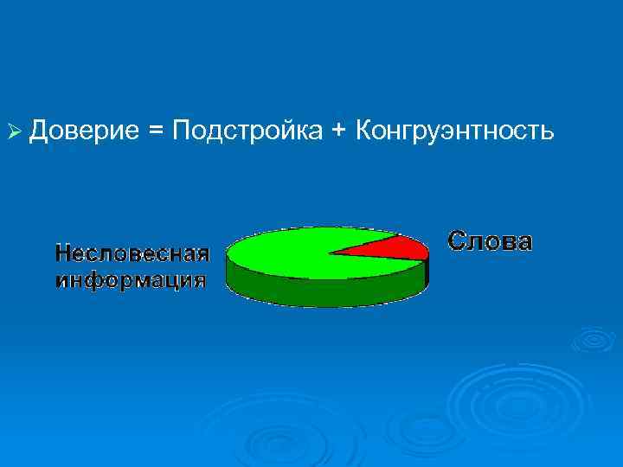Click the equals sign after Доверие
(155, 131)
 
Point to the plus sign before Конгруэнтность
(338, 131)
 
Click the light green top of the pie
(286, 251)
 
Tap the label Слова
(490, 241)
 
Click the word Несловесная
(132, 253)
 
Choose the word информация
(131, 279)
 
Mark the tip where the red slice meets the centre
(330, 253)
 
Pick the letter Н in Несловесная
(61, 253)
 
